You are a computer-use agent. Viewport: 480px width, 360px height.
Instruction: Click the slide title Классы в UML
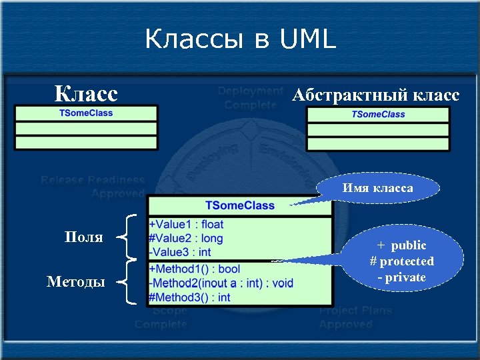coord(240,40)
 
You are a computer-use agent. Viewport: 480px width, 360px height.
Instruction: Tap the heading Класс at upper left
coord(86,93)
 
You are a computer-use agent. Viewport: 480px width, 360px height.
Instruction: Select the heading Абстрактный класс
coord(375,95)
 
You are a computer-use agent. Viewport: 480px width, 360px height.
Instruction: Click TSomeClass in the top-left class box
coord(86,113)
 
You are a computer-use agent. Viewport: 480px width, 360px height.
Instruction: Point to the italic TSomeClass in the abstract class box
coord(378,114)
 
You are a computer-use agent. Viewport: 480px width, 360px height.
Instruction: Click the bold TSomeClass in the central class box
coord(239,205)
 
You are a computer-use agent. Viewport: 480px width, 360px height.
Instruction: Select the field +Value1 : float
coord(186,225)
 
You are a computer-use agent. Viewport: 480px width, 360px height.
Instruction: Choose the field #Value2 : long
coord(186,238)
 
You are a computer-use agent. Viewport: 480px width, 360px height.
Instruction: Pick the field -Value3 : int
coord(180,251)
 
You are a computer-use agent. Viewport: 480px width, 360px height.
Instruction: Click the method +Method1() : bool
coord(194,269)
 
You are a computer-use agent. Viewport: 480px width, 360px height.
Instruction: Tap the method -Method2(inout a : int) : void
coord(221,283)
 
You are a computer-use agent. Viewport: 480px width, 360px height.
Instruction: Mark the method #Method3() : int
coord(189,297)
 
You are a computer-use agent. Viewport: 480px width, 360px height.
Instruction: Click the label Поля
coord(83,237)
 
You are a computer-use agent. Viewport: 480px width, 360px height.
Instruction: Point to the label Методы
coord(75,282)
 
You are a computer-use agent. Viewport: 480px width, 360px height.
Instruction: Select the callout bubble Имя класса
coord(377,189)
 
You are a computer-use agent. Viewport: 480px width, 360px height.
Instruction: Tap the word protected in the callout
coord(406,261)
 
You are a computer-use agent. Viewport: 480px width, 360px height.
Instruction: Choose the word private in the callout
coord(405,277)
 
